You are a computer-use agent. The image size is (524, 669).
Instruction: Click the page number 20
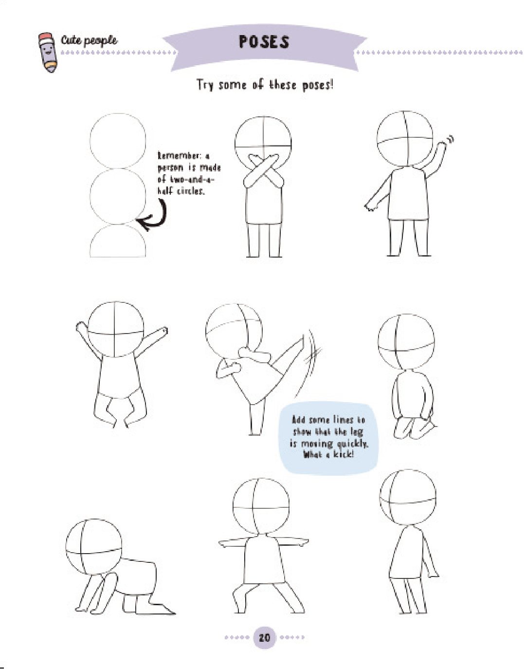(x=265, y=637)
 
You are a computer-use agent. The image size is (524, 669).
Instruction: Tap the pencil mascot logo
(x=48, y=52)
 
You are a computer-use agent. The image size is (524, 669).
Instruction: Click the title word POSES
(x=264, y=42)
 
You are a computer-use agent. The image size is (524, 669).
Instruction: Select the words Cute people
(x=89, y=40)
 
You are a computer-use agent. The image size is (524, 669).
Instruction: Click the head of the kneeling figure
(x=406, y=342)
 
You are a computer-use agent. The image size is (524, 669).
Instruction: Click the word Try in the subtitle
(x=205, y=85)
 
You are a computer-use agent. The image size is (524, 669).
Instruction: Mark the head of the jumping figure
(x=116, y=330)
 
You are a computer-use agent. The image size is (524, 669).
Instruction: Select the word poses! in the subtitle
(x=318, y=85)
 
